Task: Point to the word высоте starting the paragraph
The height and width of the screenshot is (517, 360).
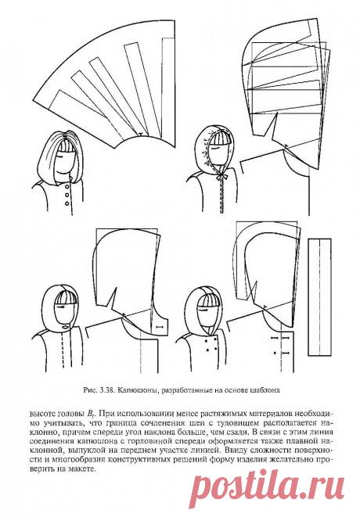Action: point(42,414)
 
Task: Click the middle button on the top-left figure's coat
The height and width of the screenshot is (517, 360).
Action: point(67,196)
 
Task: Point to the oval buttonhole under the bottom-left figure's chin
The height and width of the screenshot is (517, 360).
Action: point(65,326)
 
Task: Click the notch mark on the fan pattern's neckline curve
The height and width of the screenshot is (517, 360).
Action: point(141,135)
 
